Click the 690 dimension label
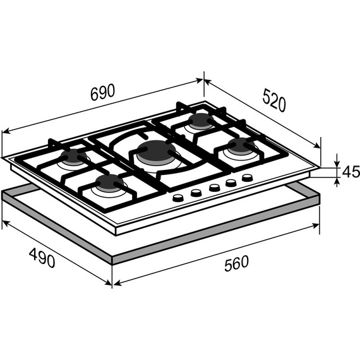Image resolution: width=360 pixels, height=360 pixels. point(102,92)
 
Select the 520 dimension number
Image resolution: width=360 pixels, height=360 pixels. point(274,100)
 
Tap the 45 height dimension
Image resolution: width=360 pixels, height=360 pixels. point(351,172)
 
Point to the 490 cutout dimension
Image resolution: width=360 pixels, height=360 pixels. point(42,258)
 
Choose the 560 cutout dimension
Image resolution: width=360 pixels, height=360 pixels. point(236,263)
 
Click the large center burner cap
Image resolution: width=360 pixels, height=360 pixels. point(157,151)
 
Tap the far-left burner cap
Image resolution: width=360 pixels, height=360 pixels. point(74,157)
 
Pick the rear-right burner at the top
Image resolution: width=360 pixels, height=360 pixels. point(201,121)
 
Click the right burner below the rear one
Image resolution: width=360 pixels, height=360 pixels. point(241,146)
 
